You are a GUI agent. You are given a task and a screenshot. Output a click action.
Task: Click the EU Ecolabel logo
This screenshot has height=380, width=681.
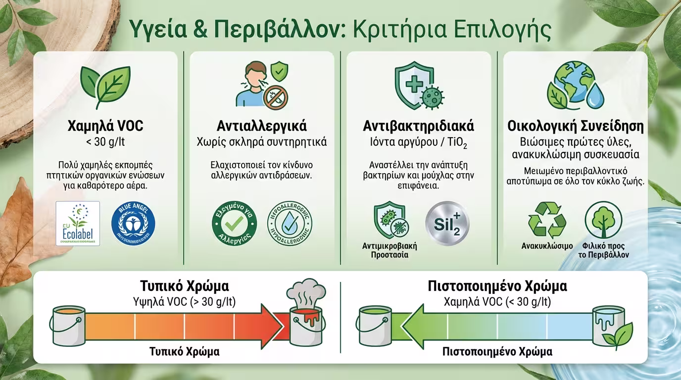coord(78,224)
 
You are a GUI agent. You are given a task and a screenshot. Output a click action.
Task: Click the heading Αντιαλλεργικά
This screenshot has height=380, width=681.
coord(262,126)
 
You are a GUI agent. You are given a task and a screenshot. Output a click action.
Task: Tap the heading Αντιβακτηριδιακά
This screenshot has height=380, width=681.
coord(419,126)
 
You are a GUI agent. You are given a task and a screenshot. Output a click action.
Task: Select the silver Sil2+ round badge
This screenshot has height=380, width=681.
coord(447,223)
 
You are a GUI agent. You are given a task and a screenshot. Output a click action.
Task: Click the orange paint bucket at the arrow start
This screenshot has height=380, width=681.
coord(66,324)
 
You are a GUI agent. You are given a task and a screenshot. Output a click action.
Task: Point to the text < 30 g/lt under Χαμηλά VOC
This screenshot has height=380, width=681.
coord(105,142)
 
